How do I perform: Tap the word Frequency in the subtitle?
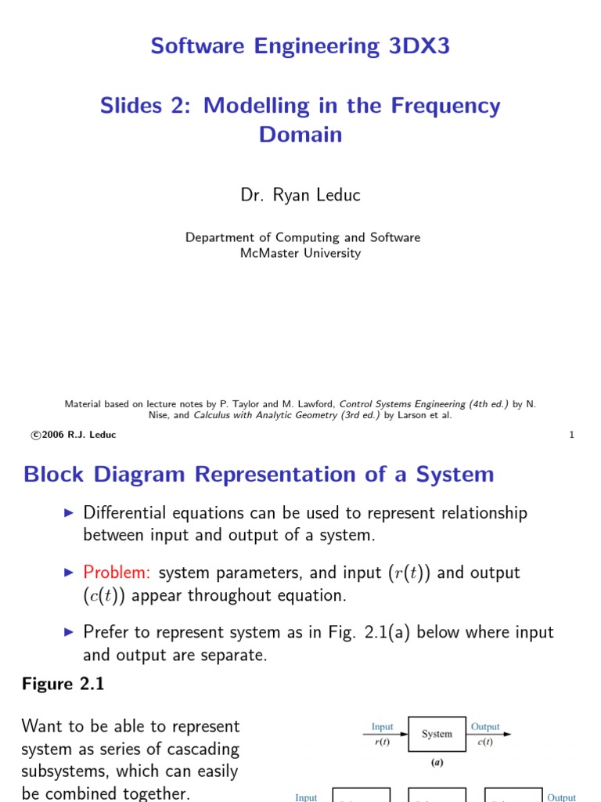pos(441,106)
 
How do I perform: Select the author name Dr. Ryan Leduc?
pos(300,196)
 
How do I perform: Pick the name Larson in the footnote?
pos(405,415)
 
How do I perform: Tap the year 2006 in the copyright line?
pos(52,435)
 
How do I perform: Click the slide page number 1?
pos(572,435)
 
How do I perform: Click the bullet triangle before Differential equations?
pos(68,513)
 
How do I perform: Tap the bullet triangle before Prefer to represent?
pos(68,632)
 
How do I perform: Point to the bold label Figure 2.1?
pos(63,684)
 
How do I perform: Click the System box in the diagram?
pos(437,734)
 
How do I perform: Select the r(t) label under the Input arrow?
pos(382,742)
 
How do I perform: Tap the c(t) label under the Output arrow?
pos(485,742)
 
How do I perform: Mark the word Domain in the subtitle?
pos(300,135)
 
